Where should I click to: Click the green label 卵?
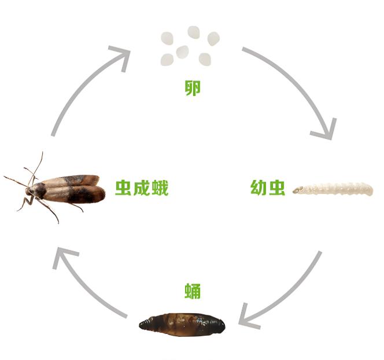pyautogui.click(x=193, y=88)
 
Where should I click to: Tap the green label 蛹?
pyautogui.click(x=193, y=291)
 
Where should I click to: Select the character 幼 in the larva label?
pyautogui.click(x=259, y=188)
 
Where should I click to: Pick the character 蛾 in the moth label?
pyautogui.click(x=160, y=188)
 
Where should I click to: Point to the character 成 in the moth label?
pyautogui.click(x=142, y=188)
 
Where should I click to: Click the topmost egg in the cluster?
pyautogui.click(x=194, y=32)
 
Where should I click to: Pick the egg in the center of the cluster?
pyautogui.click(x=182, y=52)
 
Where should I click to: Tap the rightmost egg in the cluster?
pyautogui.click(x=213, y=39)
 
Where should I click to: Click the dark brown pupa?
pyautogui.click(x=182, y=324)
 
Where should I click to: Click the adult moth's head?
pyautogui.click(x=29, y=191)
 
